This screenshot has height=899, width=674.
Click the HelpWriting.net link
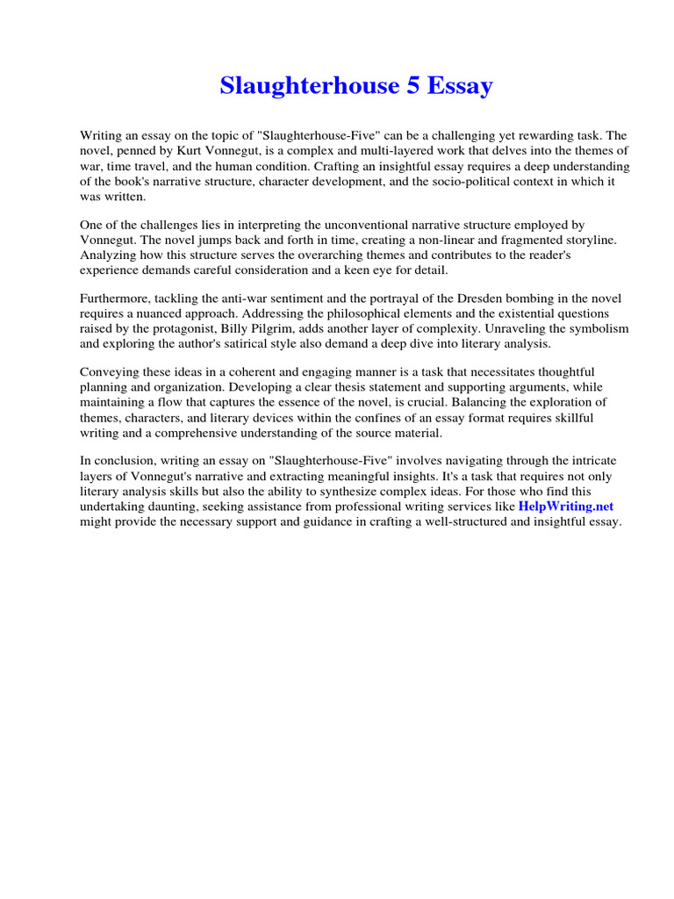(565, 507)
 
